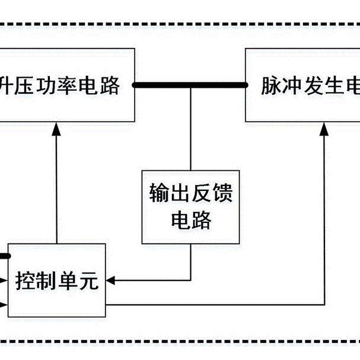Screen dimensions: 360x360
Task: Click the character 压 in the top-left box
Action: (30, 87)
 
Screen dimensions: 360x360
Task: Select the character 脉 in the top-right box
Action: (272, 87)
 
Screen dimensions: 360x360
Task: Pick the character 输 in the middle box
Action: (155, 194)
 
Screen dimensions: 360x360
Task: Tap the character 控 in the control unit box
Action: (26, 279)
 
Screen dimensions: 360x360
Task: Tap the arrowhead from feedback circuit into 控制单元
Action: (111, 279)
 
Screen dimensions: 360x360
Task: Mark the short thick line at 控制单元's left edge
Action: (4, 256)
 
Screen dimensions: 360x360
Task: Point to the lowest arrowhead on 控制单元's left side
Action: (4, 305)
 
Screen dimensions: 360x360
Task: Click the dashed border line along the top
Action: (178, 25)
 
